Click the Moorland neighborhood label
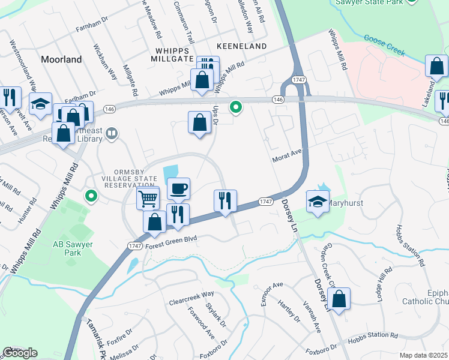(61, 59)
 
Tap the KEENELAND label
(243, 46)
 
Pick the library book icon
(112, 134)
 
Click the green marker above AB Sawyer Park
(91, 196)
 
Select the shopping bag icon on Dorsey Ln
(339, 299)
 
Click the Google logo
(20, 353)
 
